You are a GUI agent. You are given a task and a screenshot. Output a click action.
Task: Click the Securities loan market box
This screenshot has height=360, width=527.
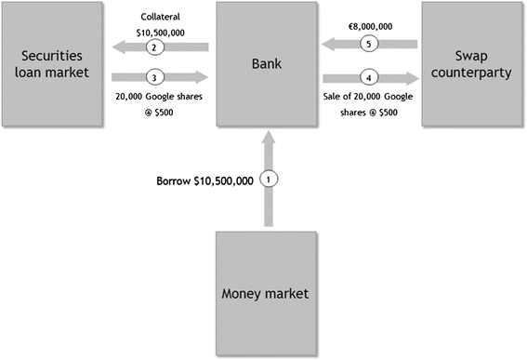point(52,64)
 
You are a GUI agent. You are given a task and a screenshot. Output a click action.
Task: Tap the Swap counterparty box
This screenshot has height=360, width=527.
point(473,64)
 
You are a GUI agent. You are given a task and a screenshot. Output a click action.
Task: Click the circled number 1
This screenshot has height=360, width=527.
point(269,179)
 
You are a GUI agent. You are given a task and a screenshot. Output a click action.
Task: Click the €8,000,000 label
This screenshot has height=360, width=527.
point(369,15)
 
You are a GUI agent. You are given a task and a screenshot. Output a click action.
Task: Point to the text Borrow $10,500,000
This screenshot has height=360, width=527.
point(204,180)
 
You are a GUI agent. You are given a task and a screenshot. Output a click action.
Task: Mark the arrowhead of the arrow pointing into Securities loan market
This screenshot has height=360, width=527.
point(118,47)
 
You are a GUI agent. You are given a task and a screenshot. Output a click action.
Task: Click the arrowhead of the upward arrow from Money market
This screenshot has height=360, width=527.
point(269,140)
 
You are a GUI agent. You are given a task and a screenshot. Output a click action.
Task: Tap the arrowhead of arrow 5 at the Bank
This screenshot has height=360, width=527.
point(329,43)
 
